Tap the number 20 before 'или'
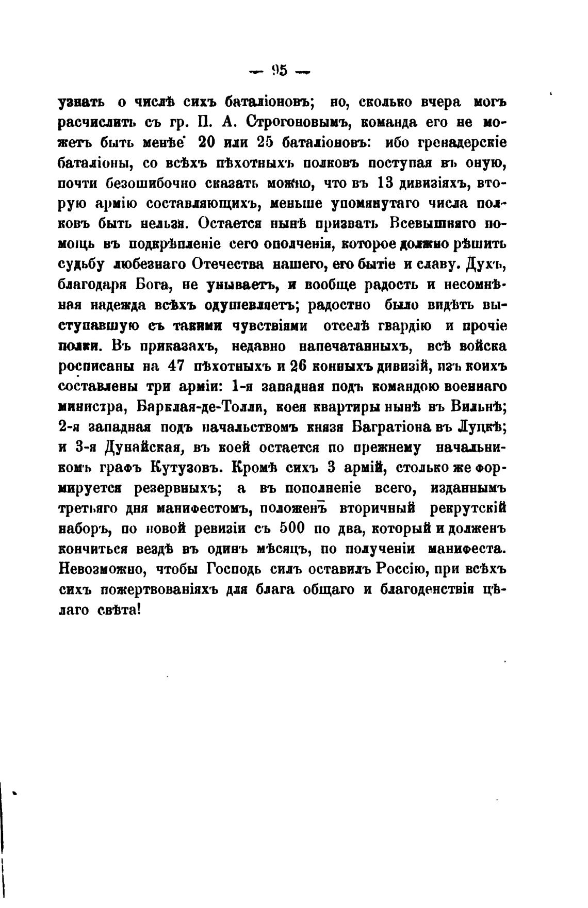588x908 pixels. (215, 143)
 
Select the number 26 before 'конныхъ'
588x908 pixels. (300, 367)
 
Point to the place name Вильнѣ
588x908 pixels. (480, 407)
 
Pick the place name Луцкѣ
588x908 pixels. (482, 427)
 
